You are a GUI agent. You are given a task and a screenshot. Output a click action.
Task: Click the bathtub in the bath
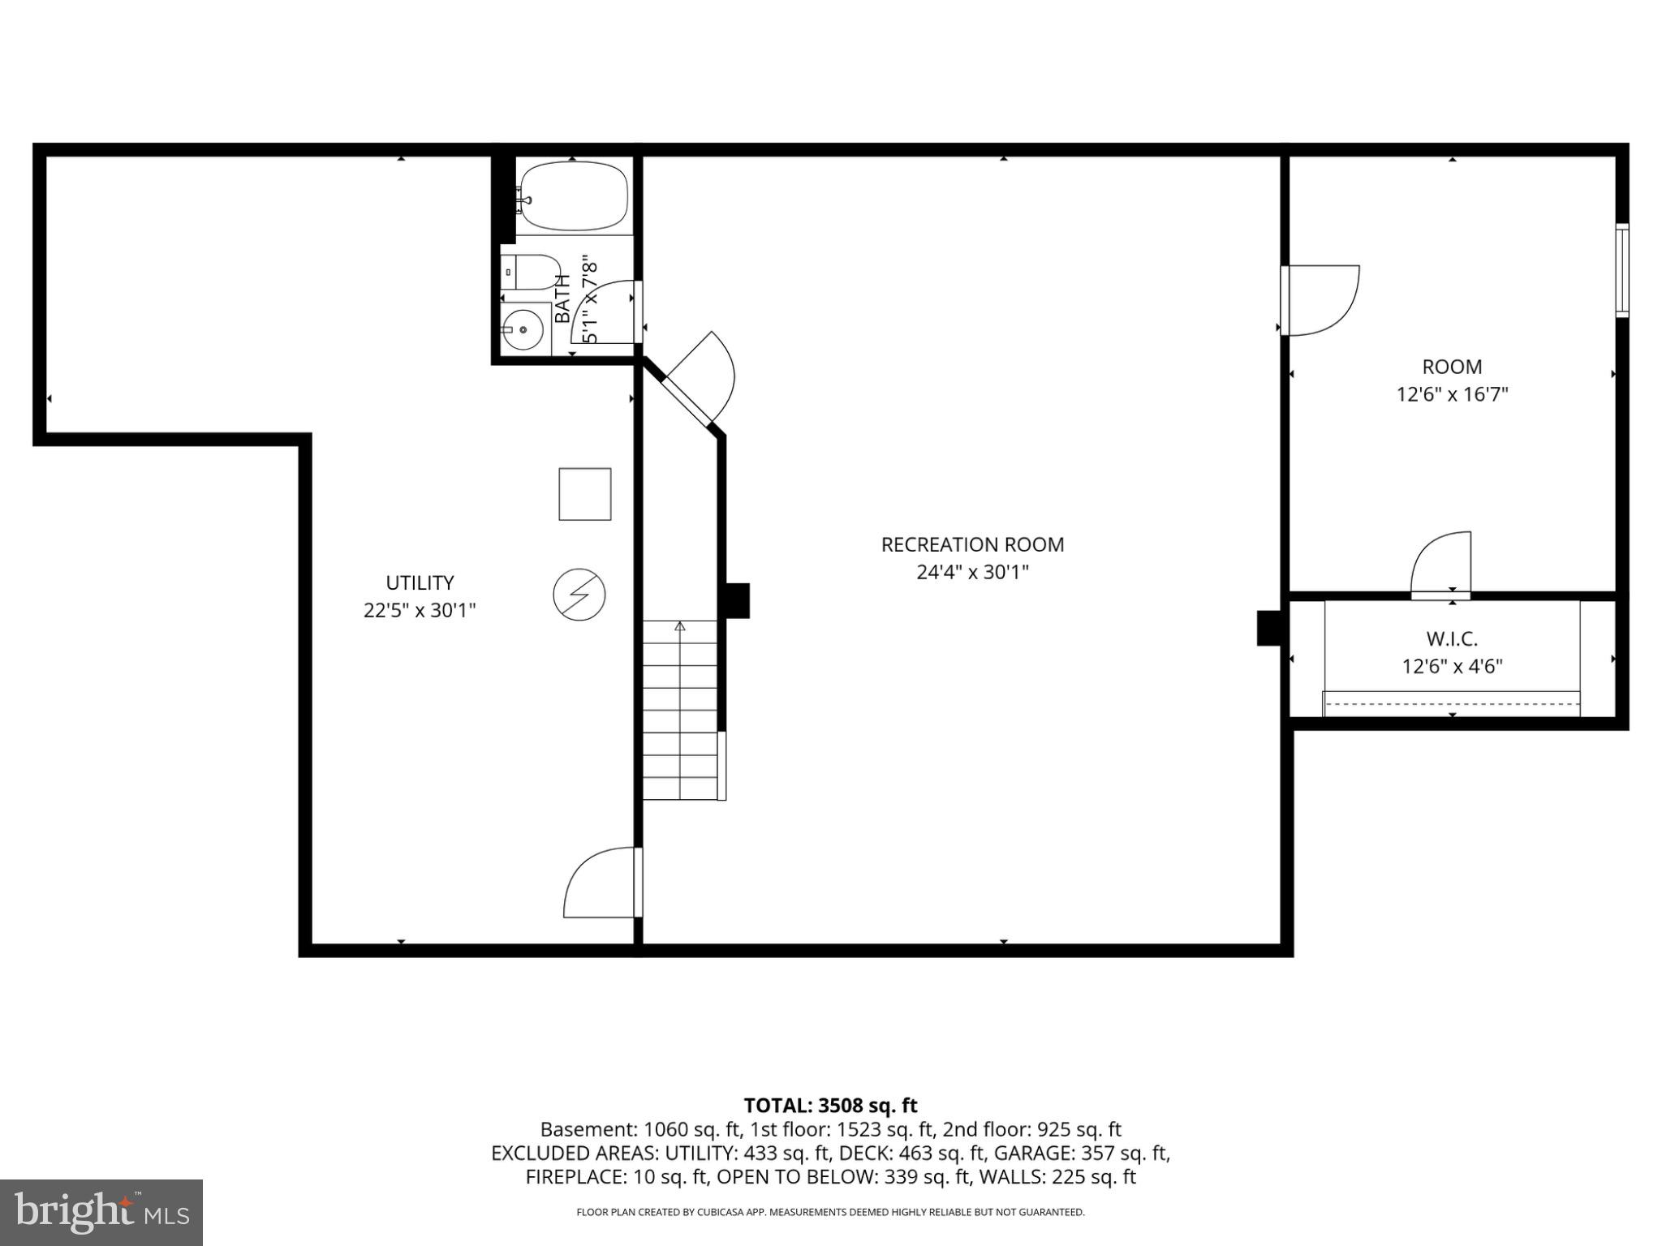point(573,196)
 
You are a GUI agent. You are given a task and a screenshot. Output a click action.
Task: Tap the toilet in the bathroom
point(532,272)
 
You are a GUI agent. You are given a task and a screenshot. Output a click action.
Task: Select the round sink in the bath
point(524,329)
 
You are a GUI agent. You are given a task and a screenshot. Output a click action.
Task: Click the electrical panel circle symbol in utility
point(579,595)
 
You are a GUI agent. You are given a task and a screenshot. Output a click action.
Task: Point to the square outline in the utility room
point(584,494)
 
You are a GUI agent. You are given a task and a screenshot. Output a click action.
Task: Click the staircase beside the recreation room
point(680,710)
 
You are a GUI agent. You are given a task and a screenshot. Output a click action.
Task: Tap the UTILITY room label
point(420,582)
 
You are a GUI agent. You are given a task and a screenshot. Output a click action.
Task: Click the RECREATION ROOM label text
point(972,544)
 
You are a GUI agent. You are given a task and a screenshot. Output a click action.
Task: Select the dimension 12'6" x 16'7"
point(1452,394)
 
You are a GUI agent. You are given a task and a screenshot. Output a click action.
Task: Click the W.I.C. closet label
point(1452,638)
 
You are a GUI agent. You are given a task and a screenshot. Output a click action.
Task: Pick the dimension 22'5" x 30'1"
point(420,610)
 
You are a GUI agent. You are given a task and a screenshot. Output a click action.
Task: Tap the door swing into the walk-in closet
point(1441,565)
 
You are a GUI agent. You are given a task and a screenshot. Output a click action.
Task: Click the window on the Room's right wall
point(1621,270)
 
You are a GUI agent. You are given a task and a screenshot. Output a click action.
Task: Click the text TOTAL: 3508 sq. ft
point(830,1106)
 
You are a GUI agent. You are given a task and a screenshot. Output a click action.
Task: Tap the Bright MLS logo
point(101,1212)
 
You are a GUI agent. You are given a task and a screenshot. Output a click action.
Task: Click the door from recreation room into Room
point(1320,299)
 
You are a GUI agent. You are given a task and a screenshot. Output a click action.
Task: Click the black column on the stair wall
point(736,600)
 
